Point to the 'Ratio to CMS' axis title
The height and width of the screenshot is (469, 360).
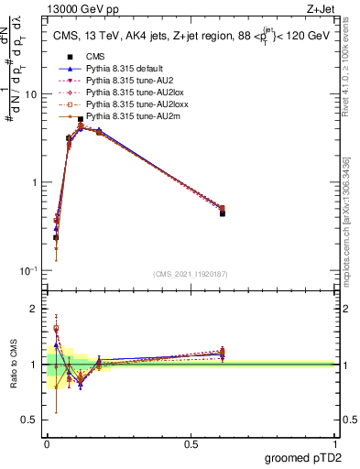click(x=13, y=364)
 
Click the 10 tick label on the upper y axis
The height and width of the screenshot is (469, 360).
click(x=29, y=94)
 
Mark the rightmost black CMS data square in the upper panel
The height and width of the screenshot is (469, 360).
click(x=223, y=213)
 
